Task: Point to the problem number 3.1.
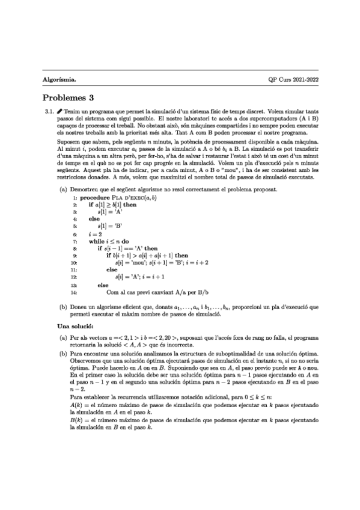point(50,112)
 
